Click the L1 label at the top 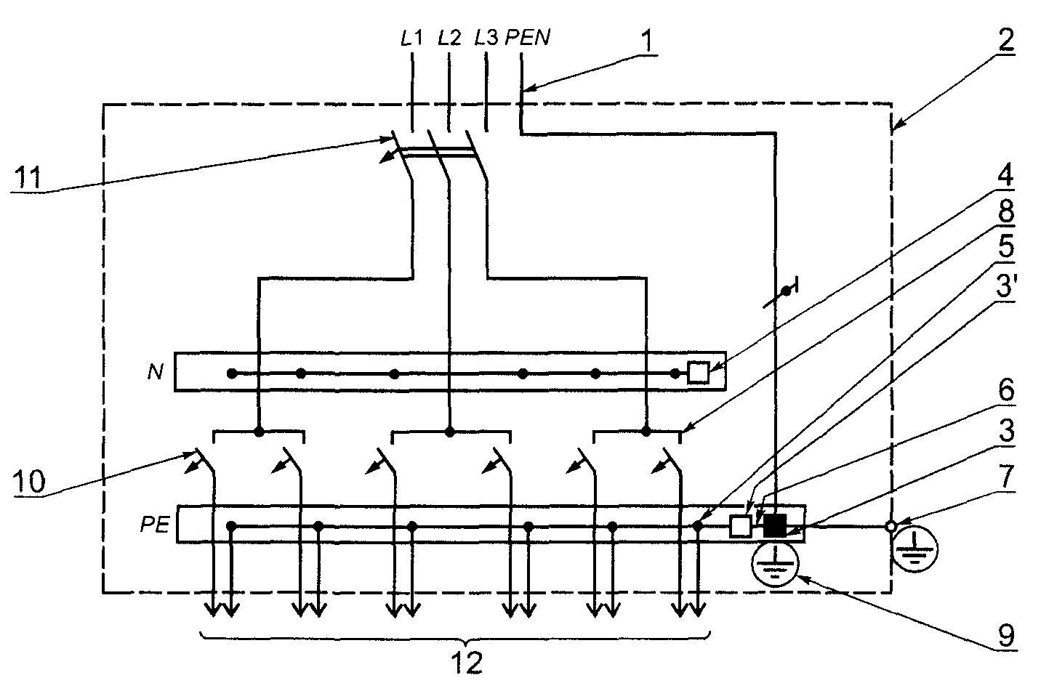(x=411, y=38)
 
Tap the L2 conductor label (x=449, y=38)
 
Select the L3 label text (x=486, y=38)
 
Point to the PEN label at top (x=528, y=38)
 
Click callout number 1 (x=648, y=41)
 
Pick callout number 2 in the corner (x=1005, y=40)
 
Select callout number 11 (x=29, y=177)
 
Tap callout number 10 (x=29, y=481)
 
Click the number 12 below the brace (x=467, y=663)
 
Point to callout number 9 (x=1006, y=636)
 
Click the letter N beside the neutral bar (x=156, y=372)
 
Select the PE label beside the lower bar (x=156, y=525)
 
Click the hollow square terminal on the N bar (x=699, y=373)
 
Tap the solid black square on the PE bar (x=775, y=526)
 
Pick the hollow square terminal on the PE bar (x=741, y=527)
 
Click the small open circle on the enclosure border (x=891, y=527)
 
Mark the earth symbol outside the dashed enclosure (x=915, y=549)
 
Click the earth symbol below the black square (x=775, y=564)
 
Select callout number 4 (x=1006, y=175)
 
